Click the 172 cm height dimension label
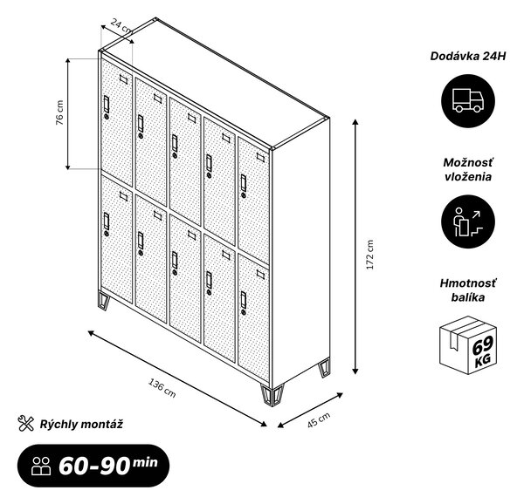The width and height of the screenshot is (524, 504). point(370,255)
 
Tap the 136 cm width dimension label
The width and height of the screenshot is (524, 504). point(162,388)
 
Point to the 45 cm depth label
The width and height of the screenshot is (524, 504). point(319,419)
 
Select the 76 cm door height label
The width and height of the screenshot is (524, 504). point(59,112)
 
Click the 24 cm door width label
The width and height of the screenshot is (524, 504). point(121,26)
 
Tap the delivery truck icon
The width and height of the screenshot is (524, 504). point(467,101)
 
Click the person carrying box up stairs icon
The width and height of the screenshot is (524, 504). point(467,221)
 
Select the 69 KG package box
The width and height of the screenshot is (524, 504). point(467,345)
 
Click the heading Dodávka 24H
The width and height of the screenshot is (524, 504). point(468,56)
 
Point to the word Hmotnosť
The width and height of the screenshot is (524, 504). point(468,283)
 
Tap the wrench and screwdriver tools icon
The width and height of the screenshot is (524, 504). point(25,423)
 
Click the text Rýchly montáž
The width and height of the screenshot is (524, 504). point(81,425)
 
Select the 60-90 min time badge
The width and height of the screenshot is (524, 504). point(93,466)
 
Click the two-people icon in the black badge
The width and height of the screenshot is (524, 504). point(41,466)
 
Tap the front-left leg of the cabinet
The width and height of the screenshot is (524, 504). point(104,300)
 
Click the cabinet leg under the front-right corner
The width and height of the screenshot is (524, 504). point(272,396)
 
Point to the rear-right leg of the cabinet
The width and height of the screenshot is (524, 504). point(324,367)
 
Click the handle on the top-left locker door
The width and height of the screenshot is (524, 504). point(107,104)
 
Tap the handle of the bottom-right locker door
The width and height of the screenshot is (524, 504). point(244,300)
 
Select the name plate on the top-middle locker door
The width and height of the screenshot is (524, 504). point(192,118)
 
